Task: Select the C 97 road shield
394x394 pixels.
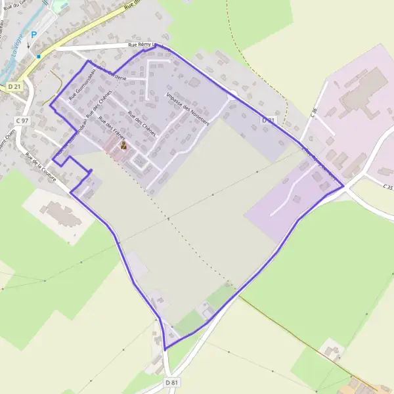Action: click(22, 121)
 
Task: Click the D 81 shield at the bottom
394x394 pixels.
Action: click(172, 382)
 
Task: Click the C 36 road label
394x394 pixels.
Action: click(314, 113)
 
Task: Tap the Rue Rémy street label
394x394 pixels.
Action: click(135, 45)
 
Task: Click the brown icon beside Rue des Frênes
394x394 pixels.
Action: click(123, 146)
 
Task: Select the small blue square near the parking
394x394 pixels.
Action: click(39, 56)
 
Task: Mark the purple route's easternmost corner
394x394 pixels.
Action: click(343, 186)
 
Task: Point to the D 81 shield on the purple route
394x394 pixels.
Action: click(267, 121)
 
